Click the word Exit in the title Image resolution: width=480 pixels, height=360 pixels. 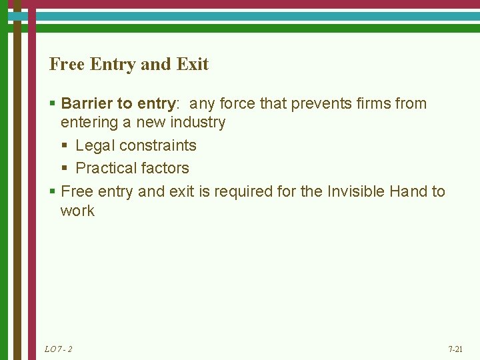pyautogui.click(x=193, y=65)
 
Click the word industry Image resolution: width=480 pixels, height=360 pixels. pyautogui.click(x=198, y=123)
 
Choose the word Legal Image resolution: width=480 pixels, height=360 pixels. pyautogui.click(x=95, y=145)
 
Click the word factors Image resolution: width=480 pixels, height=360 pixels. pyautogui.click(x=166, y=168)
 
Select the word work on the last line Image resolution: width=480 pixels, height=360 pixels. pyautogui.click(x=77, y=211)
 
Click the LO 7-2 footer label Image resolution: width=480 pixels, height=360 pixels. pyautogui.click(x=58, y=349)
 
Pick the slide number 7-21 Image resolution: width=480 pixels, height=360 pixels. pyautogui.click(x=455, y=349)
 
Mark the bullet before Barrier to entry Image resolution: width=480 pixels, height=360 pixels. pyautogui.click(x=53, y=104)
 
